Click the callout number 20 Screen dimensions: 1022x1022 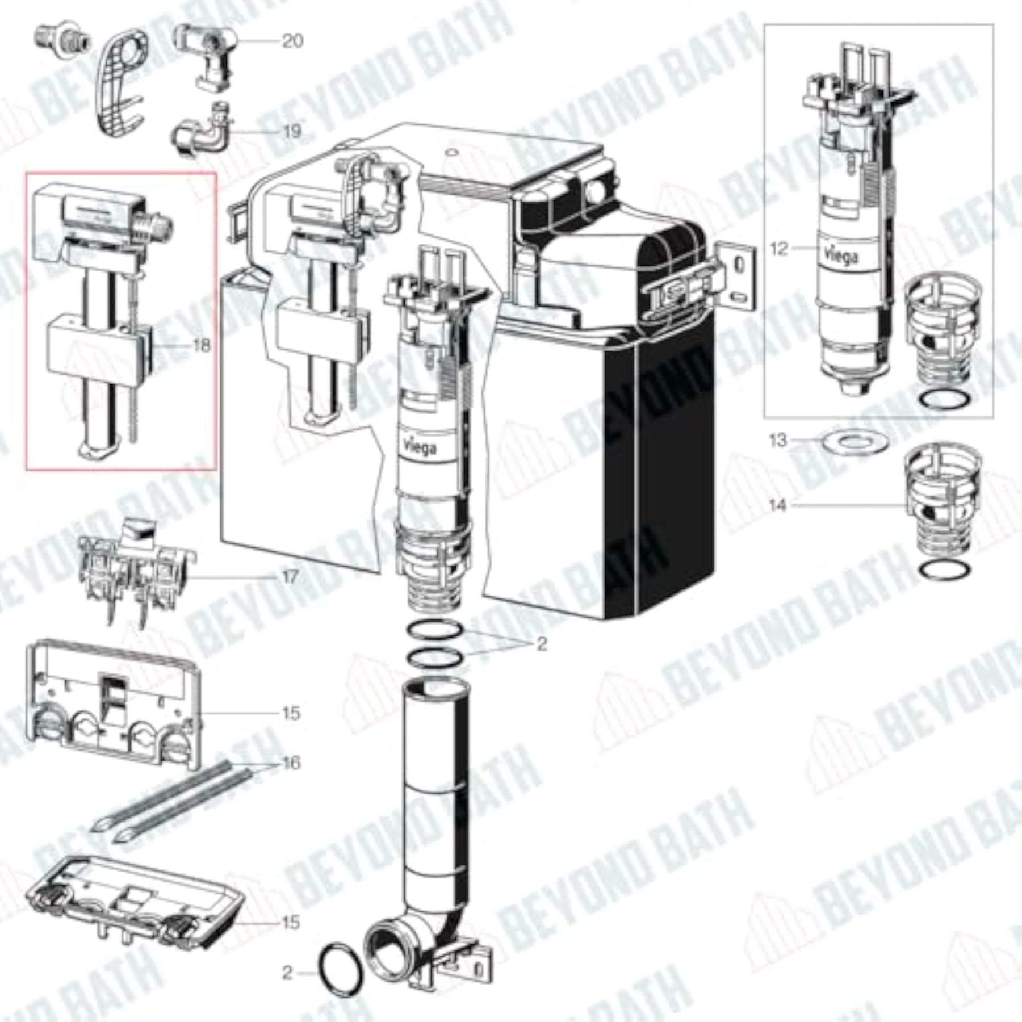[292, 41]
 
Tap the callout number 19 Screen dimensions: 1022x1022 [292, 132]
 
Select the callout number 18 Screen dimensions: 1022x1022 [201, 345]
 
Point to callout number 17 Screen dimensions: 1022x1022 [290, 577]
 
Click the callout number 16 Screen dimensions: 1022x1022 [291, 763]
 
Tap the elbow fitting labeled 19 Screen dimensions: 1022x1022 [202, 132]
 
